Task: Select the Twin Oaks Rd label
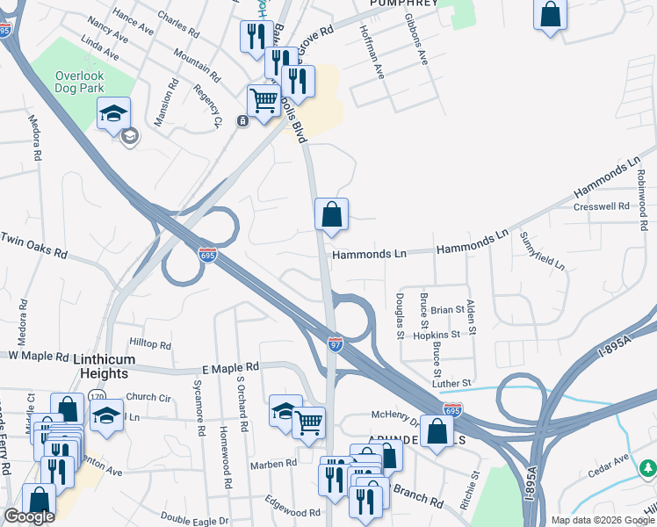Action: pyautogui.click(x=34, y=245)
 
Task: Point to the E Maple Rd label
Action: pyautogui.click(x=230, y=366)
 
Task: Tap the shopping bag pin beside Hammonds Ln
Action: pyautogui.click(x=332, y=215)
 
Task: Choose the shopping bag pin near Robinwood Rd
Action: pyautogui.click(x=550, y=16)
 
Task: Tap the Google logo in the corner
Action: pyautogui.click(x=29, y=516)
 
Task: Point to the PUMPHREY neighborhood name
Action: pyautogui.click(x=404, y=4)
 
